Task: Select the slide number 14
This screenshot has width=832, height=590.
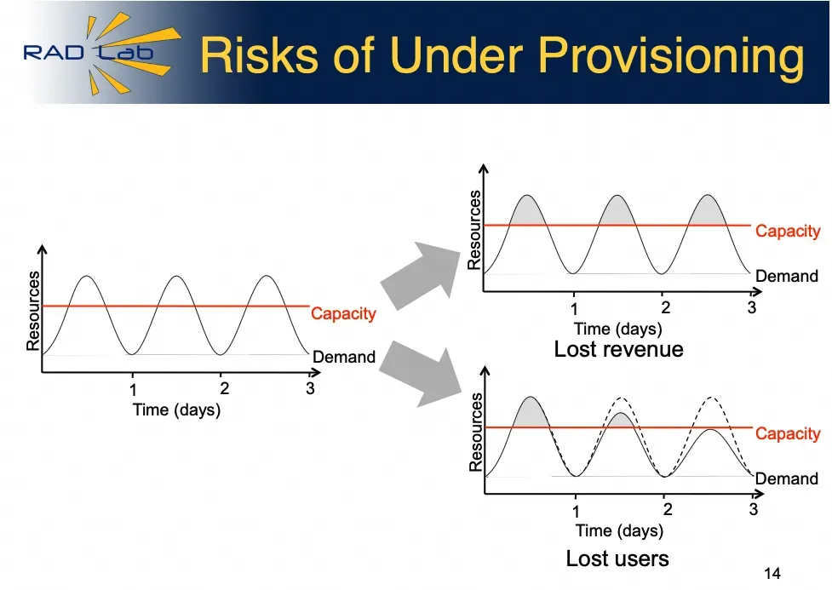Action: point(772,574)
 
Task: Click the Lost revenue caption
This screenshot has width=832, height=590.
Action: point(619,349)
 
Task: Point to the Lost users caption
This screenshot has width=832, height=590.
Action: point(617,558)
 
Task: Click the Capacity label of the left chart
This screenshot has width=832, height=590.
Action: point(343,313)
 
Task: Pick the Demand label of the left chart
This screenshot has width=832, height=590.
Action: point(344,357)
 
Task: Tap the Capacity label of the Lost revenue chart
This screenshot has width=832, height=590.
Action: point(788,232)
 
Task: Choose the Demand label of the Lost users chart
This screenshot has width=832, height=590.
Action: point(786,478)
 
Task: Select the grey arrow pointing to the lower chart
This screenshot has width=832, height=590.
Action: point(421,373)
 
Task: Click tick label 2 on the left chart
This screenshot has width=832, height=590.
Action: point(225,388)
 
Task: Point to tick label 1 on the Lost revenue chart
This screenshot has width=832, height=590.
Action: point(574,309)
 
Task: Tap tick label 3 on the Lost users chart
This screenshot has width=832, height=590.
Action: point(754,509)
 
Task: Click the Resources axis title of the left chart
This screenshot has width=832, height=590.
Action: point(33,311)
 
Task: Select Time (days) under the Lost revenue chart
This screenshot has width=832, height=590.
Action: point(618,329)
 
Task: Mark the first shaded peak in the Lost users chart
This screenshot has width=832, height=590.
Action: point(531,413)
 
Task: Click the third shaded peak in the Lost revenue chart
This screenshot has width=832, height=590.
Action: point(708,210)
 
